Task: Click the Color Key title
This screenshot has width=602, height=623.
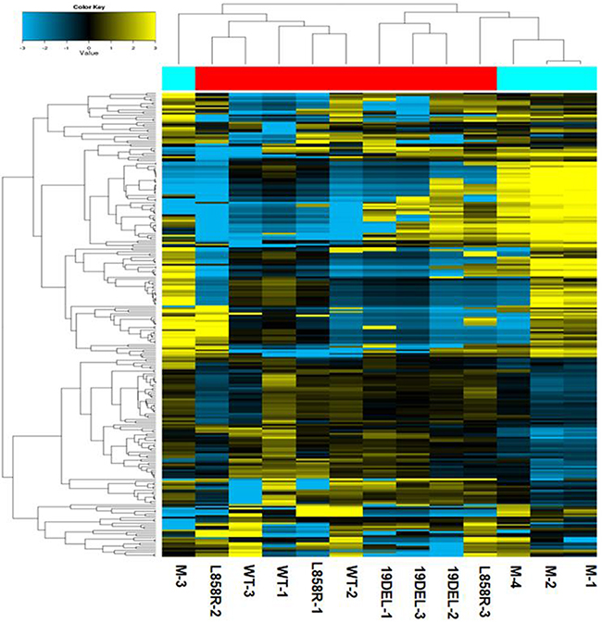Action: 89,7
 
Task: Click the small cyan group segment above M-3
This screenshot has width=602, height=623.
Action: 178,79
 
